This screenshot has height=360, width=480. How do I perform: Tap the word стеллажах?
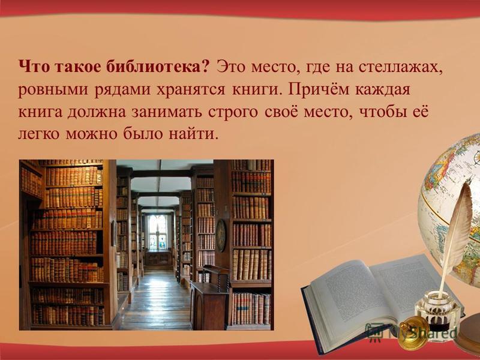[x=400, y=67]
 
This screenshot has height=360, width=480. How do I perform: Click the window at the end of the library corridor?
[x=158, y=232]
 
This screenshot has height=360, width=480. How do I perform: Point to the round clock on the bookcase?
[x=221, y=235]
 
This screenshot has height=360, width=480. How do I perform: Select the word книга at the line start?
[x=41, y=112]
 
